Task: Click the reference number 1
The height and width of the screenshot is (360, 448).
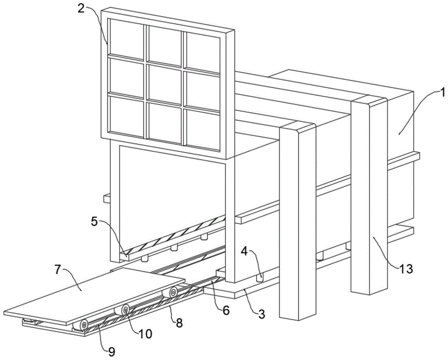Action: click(442, 93)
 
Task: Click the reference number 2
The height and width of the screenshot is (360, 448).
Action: click(81, 8)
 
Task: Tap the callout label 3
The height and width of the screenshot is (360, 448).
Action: click(262, 314)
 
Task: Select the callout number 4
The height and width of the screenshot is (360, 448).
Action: click(244, 252)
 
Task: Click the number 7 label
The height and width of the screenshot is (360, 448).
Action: click(58, 270)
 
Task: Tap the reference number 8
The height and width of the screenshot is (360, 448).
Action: click(179, 323)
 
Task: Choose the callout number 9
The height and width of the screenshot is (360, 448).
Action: click(112, 352)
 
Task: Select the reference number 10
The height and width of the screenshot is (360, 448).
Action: click(145, 334)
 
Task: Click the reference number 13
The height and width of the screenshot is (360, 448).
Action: click(406, 269)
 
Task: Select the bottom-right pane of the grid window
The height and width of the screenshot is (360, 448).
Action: click(202, 130)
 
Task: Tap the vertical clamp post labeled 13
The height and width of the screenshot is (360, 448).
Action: click(369, 195)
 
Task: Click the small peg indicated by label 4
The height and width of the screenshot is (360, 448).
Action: click(259, 278)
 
